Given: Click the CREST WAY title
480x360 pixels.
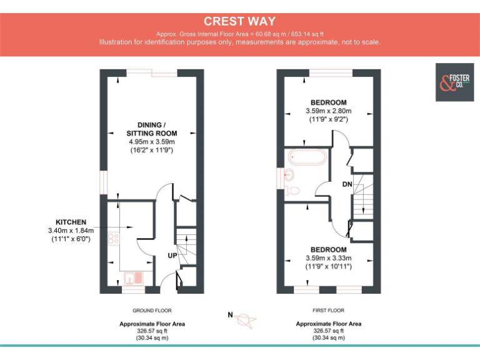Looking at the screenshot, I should (x=239, y=21).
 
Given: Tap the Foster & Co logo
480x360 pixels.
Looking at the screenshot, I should (x=453, y=82).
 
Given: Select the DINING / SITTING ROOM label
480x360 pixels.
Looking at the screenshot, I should (x=152, y=129).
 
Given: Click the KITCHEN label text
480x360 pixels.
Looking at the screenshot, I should (x=71, y=222).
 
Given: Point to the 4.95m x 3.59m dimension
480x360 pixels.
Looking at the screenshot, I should (x=152, y=142).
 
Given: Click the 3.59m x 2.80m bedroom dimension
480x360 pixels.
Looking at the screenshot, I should (x=328, y=111).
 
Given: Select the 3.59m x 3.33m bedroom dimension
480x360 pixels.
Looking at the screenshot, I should (x=328, y=258).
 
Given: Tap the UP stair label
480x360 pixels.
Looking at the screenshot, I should (x=172, y=256).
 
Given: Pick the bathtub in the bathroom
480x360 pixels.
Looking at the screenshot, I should (x=306, y=157).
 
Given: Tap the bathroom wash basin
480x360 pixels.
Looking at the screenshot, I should (x=288, y=174).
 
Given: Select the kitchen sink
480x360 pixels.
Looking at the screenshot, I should (x=133, y=277).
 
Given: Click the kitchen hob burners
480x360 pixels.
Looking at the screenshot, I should (x=113, y=237).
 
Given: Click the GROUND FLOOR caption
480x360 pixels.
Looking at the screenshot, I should (x=152, y=310).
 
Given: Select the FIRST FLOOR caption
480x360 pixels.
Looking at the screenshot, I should (x=328, y=310).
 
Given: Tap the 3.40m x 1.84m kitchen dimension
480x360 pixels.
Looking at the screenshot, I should (x=71, y=231).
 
